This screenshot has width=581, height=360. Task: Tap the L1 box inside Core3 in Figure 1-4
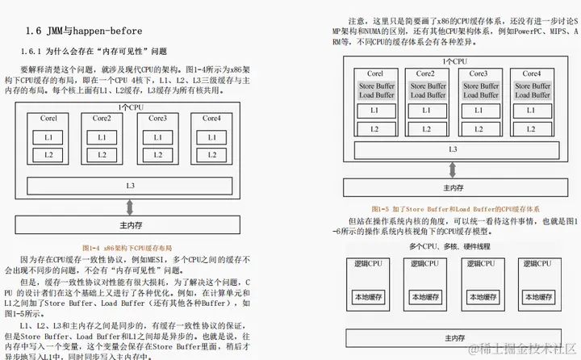pyautogui.click(x=158, y=137)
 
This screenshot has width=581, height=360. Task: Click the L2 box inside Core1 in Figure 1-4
pyautogui.click(x=48, y=154)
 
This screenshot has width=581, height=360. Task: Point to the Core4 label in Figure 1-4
pyautogui.click(x=211, y=119)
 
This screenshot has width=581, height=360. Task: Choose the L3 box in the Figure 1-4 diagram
pyautogui.click(x=130, y=186)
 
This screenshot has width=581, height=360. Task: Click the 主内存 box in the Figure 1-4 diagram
pyautogui.click(x=130, y=226)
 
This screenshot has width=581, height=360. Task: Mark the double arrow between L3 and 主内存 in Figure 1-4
pyautogui.click(x=130, y=206)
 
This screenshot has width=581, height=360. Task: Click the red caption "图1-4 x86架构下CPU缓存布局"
pyautogui.click(x=128, y=247)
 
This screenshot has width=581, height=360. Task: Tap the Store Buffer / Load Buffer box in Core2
pyautogui.click(x=425, y=90)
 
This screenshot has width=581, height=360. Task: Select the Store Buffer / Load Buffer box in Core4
pyautogui.click(x=531, y=90)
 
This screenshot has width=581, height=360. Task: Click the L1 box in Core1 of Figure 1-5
pyautogui.click(x=374, y=111)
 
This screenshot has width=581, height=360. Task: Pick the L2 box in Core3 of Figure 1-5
pyautogui.click(x=479, y=129)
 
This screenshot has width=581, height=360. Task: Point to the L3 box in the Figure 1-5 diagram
pyautogui.click(x=453, y=149)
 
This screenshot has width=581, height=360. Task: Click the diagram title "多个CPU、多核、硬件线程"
pyautogui.click(x=449, y=245)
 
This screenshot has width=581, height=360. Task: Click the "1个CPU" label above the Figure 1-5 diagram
pyautogui.click(x=454, y=61)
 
